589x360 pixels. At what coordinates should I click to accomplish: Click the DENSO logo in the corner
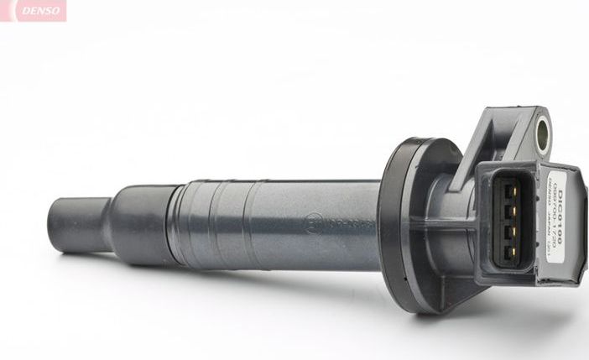point(34,11)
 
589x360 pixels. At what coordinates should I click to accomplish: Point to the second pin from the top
point(508,211)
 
